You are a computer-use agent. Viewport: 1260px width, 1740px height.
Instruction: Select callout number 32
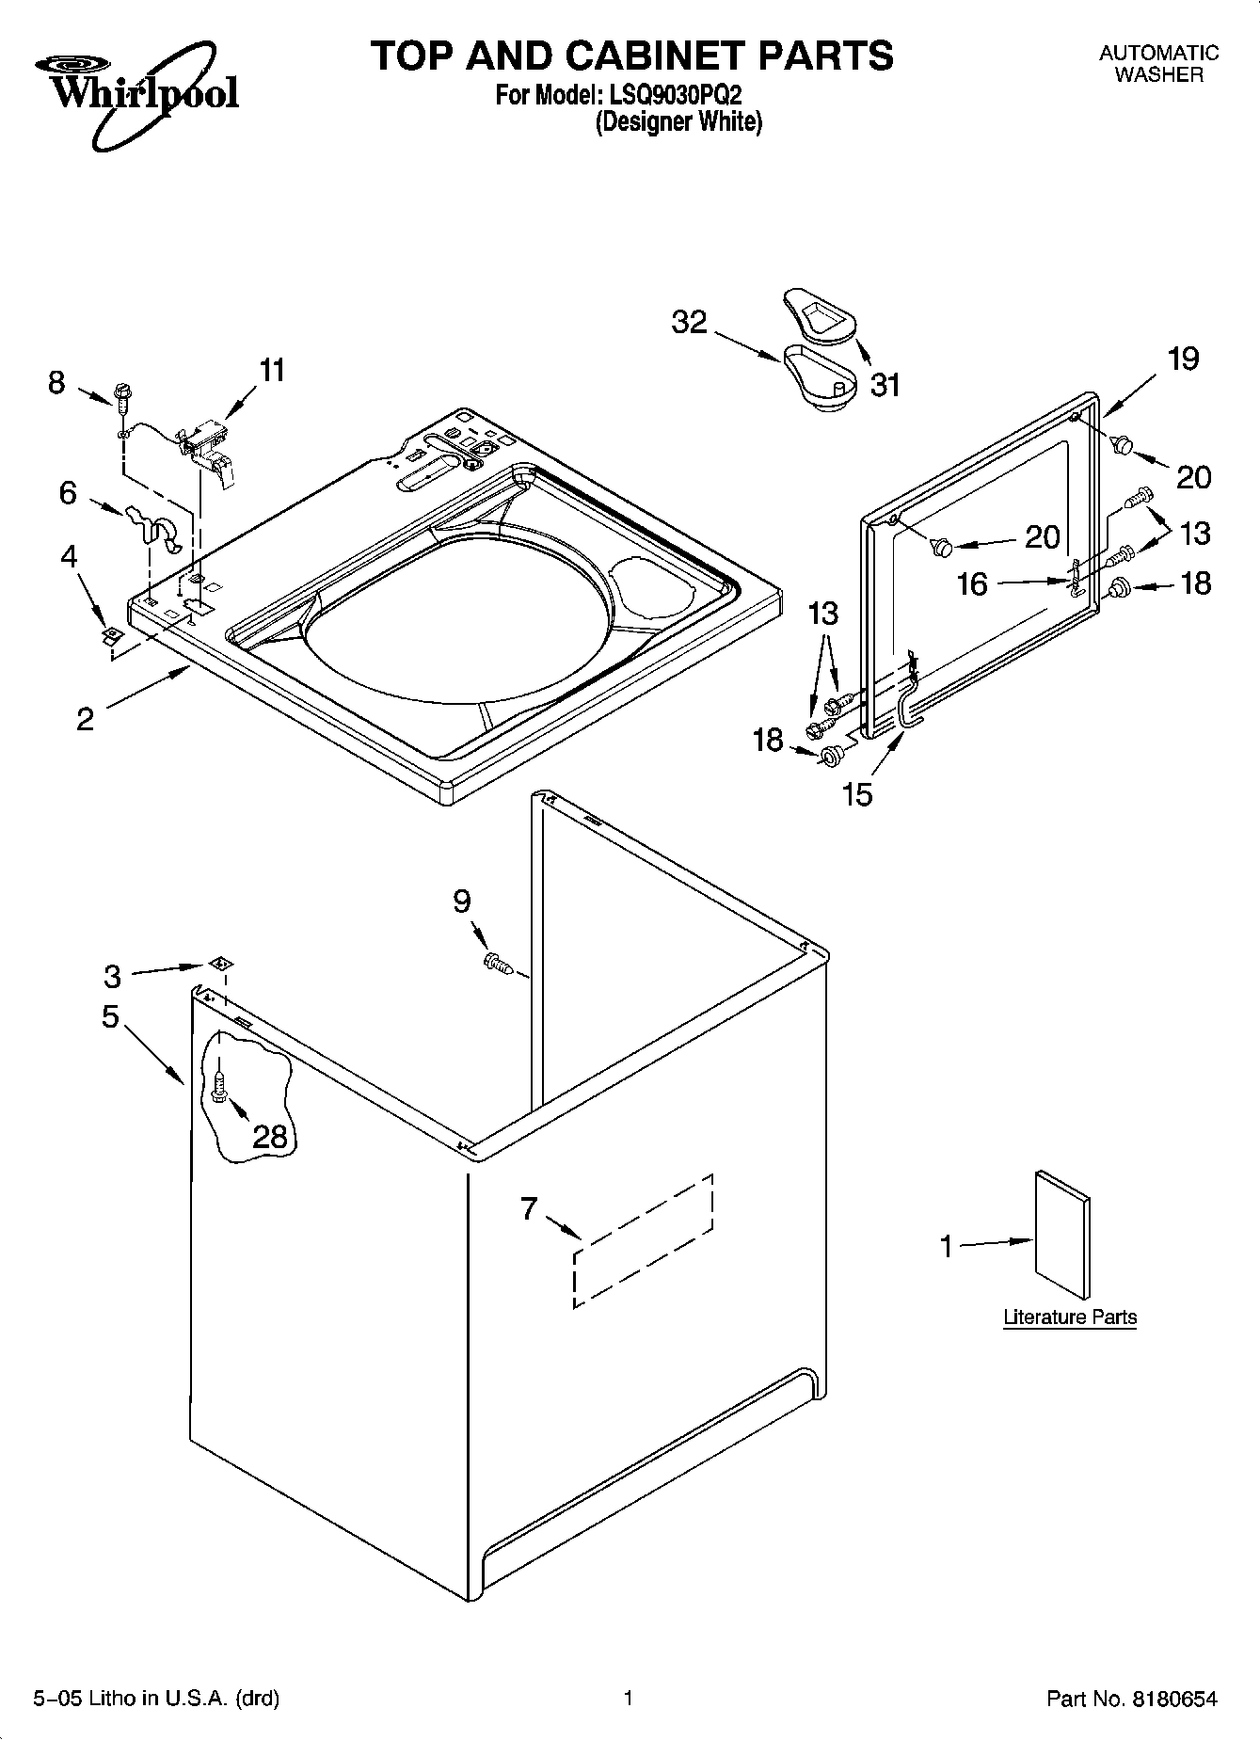pos(689,322)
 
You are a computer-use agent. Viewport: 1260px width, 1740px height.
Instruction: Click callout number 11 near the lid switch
pos(271,371)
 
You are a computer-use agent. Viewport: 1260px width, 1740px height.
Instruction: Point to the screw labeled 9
pos(496,963)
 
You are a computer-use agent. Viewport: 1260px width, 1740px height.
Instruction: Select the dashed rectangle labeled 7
pos(643,1240)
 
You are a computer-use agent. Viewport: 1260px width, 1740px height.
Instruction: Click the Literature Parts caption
pos(1070,1317)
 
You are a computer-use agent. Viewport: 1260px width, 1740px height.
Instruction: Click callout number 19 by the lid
pos(1184,359)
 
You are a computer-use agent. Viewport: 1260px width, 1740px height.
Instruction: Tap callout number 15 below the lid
pos(857,794)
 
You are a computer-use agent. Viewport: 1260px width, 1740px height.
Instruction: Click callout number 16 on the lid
pos(972,583)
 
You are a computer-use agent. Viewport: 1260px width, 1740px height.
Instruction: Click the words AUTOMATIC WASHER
pos(1158,64)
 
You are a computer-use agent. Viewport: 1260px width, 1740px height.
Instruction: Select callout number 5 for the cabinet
pos(110,1016)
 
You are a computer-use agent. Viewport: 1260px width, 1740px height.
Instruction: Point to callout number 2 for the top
pos(85,720)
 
